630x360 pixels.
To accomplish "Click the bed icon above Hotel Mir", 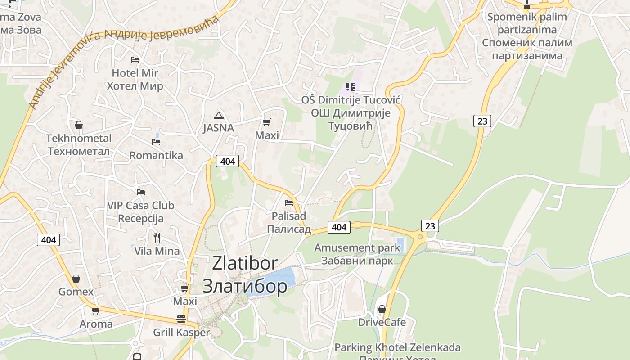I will pyautogui.click(x=135, y=59).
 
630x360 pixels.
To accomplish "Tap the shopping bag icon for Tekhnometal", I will pyautogui.click(x=79, y=125).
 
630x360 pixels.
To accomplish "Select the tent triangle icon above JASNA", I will pyautogui.click(x=219, y=115).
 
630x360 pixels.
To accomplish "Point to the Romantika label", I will pyautogui.click(x=156, y=155).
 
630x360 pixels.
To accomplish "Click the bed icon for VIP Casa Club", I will pyautogui.click(x=141, y=192).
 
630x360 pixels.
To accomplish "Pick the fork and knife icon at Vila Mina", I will pyautogui.click(x=157, y=237).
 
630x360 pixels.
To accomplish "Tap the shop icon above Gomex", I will pyautogui.click(x=76, y=279).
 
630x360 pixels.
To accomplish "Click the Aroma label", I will pyautogui.click(x=96, y=324).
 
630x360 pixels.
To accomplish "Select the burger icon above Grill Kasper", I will pyautogui.click(x=181, y=319).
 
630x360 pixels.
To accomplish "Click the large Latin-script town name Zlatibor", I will pyautogui.click(x=245, y=263).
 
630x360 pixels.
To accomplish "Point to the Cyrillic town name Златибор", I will pyautogui.click(x=245, y=285).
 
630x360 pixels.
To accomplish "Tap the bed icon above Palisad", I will pyautogui.click(x=289, y=203).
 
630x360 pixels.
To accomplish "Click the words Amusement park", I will pyautogui.click(x=357, y=247).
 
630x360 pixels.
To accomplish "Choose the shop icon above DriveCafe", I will pyautogui.click(x=382, y=309).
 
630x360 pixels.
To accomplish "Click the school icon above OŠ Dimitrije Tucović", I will pyautogui.click(x=351, y=86).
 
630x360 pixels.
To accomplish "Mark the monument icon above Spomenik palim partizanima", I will pyautogui.click(x=527, y=5).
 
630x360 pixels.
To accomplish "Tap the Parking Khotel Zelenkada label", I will pyautogui.click(x=397, y=347).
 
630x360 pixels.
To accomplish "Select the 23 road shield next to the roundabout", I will pyautogui.click(x=430, y=225).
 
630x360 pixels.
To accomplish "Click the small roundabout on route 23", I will pyautogui.click(x=420, y=237).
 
